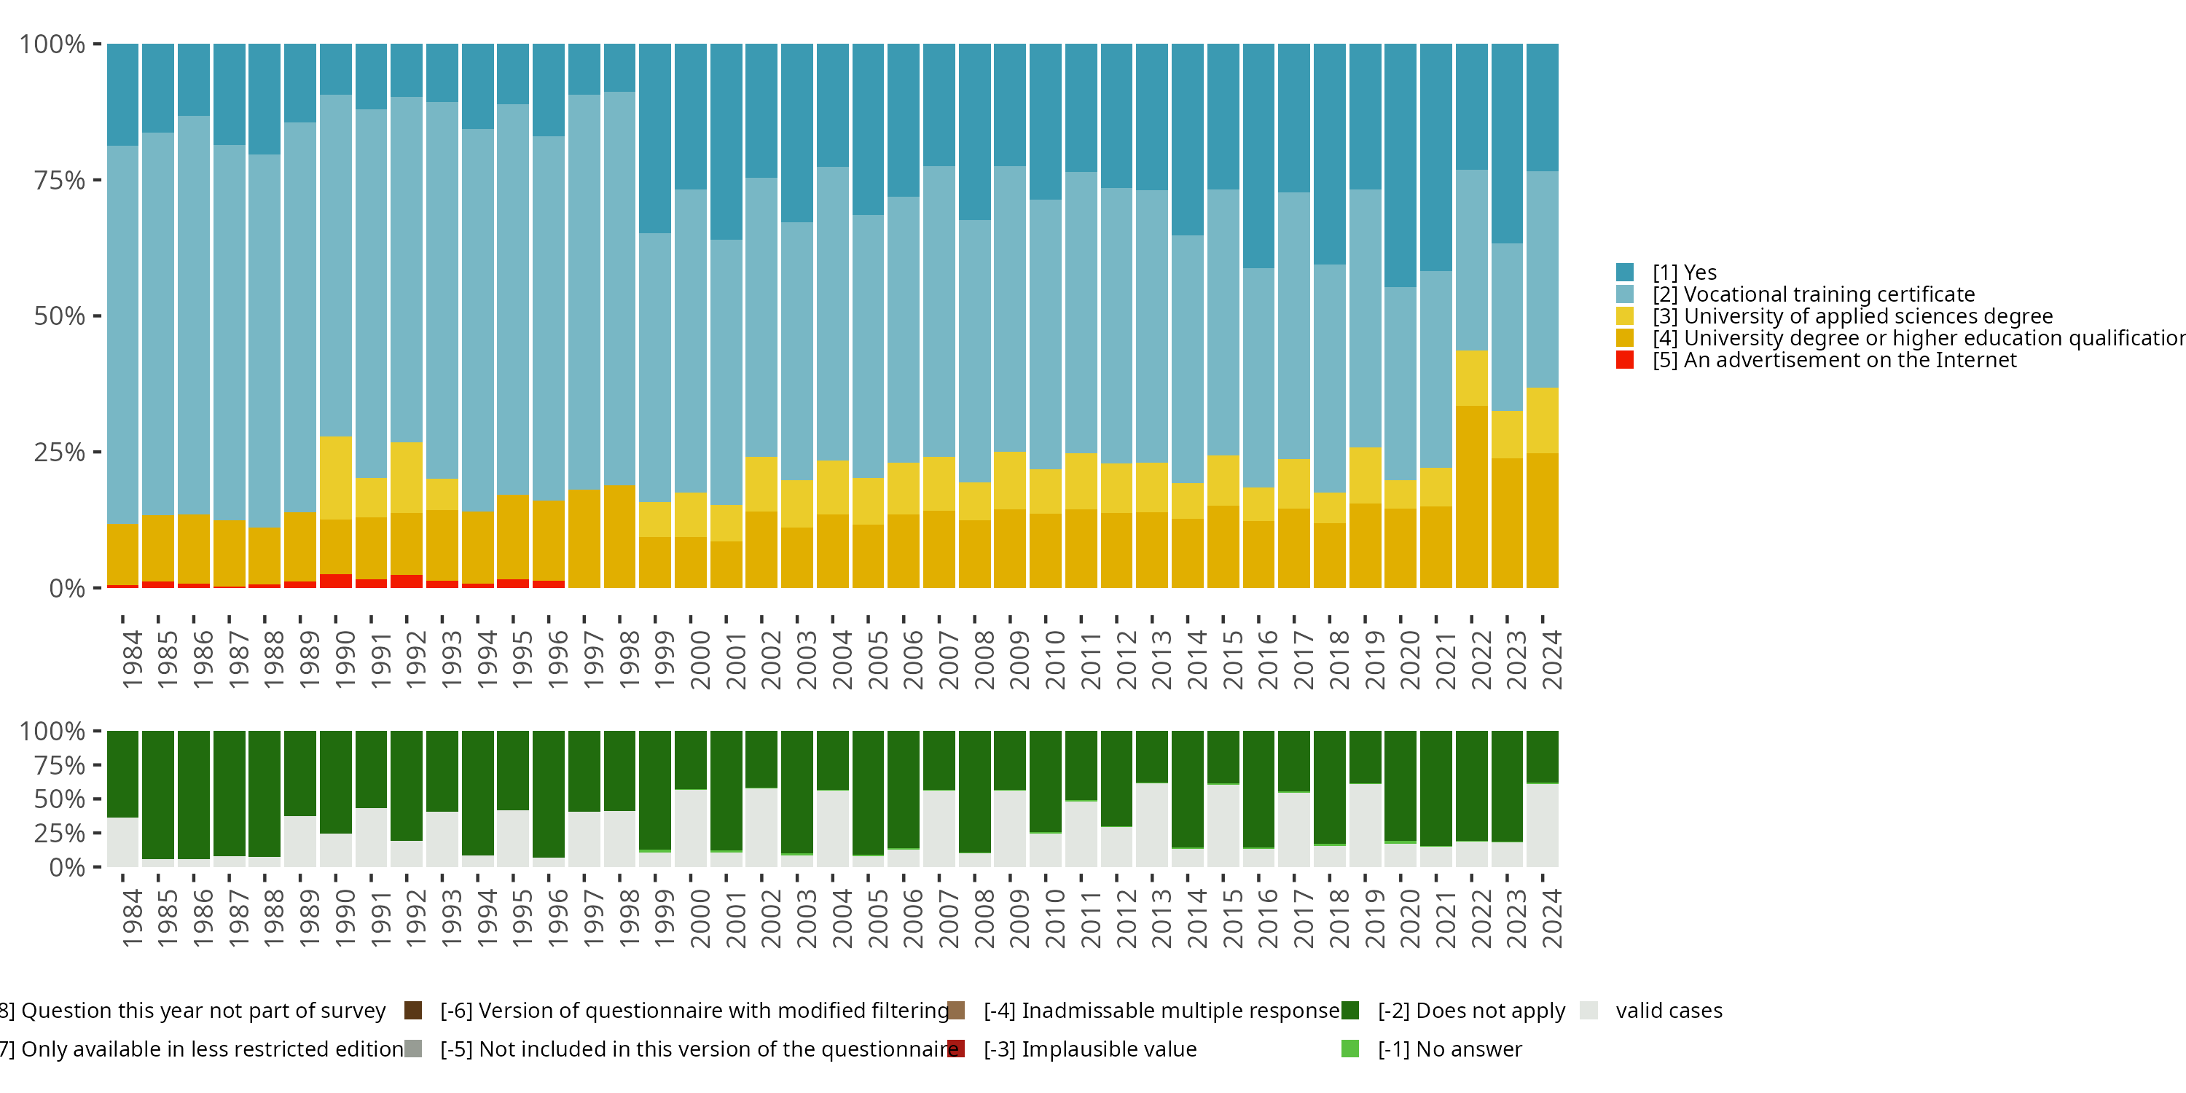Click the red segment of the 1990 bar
click(336, 581)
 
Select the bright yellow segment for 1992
click(407, 478)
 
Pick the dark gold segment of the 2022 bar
click(1471, 497)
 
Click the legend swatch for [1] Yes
click(1625, 273)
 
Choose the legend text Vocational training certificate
click(1829, 294)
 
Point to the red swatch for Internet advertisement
click(1625, 360)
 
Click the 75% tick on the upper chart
click(97, 180)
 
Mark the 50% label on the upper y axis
click(60, 316)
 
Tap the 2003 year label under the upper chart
click(806, 660)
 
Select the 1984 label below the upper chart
click(132, 660)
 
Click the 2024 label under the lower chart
click(1551, 919)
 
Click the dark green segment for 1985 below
click(158, 794)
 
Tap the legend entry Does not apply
click(1470, 1011)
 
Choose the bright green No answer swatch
click(1350, 1049)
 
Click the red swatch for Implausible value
click(956, 1049)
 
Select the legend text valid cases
click(1669, 1011)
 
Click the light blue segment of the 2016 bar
click(1258, 377)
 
